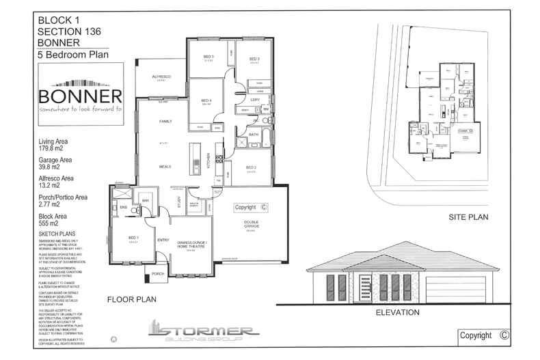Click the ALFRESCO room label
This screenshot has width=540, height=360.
tap(161, 77)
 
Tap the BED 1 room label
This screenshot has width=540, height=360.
tap(133, 238)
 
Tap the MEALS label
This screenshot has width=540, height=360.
tap(165, 166)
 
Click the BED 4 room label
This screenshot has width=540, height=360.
tap(206, 101)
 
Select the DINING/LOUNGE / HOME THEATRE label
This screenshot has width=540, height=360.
tap(191, 245)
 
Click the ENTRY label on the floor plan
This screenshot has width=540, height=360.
tap(163, 240)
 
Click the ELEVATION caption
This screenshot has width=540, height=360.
tap(397, 312)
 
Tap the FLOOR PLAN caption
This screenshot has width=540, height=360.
tap(133, 299)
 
